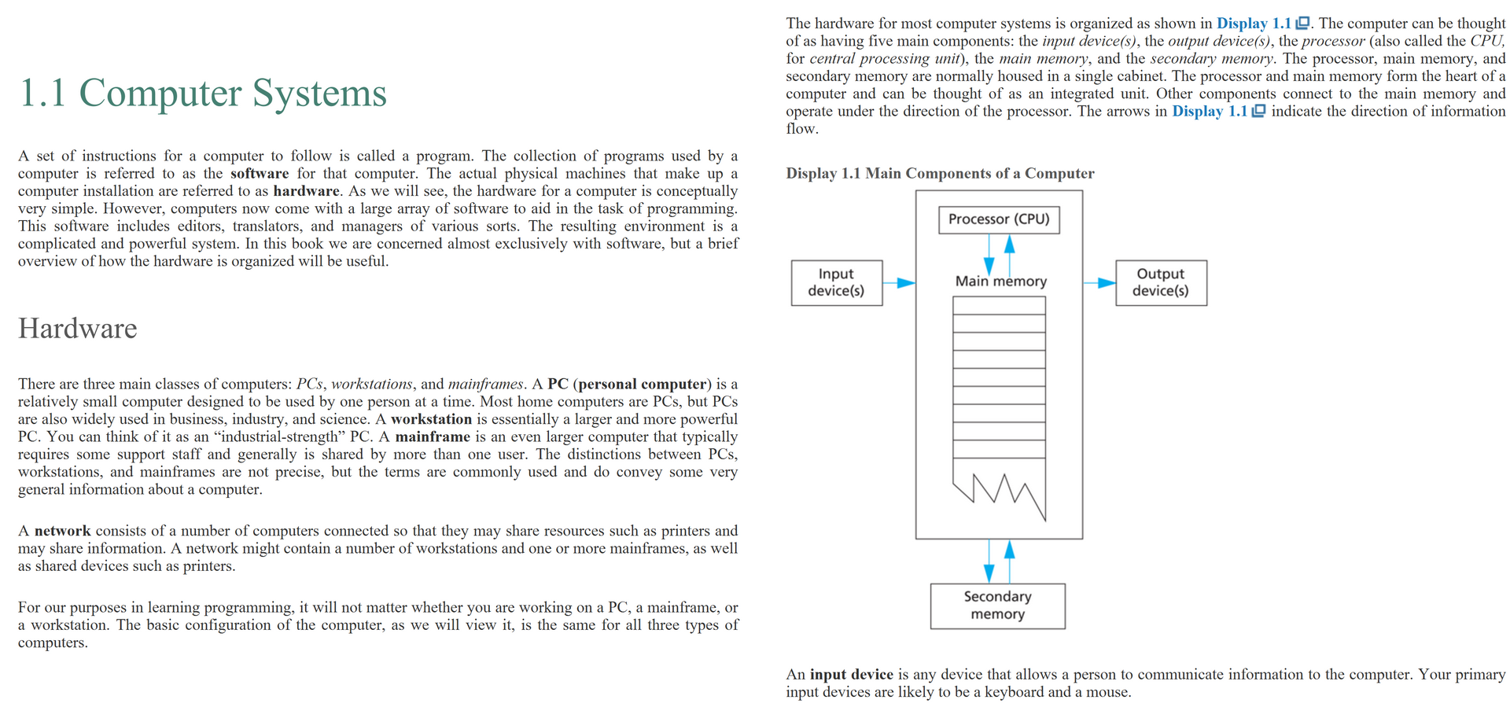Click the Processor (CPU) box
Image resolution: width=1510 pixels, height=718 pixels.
(999, 219)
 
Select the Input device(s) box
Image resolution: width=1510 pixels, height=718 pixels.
(836, 282)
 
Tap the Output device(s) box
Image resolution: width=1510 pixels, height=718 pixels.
(1161, 282)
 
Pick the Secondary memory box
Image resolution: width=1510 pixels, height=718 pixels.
(997, 606)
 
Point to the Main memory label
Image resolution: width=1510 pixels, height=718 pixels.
(1000, 281)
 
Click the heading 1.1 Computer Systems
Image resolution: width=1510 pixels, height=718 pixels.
(202, 93)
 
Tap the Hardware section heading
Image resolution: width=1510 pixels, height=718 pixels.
(77, 328)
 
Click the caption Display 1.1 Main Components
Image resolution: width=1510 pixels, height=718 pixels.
(940, 173)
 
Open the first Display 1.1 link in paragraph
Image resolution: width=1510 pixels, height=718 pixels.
(1254, 24)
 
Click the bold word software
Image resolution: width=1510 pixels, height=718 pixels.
(259, 173)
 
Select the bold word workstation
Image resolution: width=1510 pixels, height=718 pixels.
(431, 419)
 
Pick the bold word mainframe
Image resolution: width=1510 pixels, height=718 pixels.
(432, 436)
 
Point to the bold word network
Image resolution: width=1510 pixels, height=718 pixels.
(62, 531)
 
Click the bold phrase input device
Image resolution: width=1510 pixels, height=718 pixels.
(851, 674)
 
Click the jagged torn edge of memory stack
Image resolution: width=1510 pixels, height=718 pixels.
(1000, 492)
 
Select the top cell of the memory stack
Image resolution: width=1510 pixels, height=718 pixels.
(999, 305)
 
